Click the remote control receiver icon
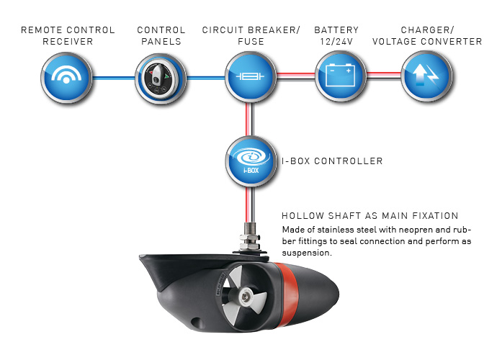[x=68, y=76]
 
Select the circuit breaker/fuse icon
[x=249, y=76]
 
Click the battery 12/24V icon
[x=339, y=76]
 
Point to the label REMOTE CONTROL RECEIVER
[x=68, y=35]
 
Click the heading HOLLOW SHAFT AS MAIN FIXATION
[x=370, y=216]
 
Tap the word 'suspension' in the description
[x=306, y=253]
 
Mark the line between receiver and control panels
[x=115, y=77]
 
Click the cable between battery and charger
[x=383, y=74]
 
